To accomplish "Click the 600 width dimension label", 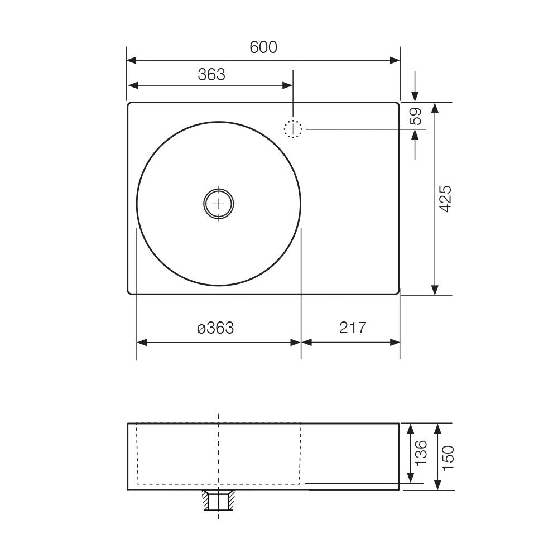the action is click(263, 47).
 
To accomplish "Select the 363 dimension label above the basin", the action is click(211, 75).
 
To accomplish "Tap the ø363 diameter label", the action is click(215, 328).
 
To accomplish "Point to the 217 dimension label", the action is click(352, 328).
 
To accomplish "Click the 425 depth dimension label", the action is click(445, 199).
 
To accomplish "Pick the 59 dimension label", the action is click(416, 116).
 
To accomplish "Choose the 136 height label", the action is click(421, 453).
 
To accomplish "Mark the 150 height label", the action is click(448, 458).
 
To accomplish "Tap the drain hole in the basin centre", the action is click(219, 204).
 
